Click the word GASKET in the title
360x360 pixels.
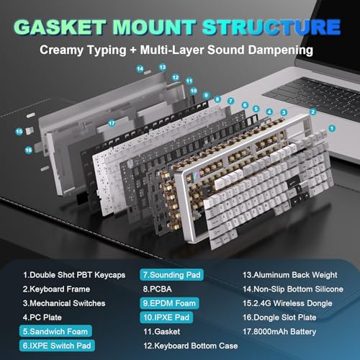pos(60,27)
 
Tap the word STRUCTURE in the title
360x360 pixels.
pos(271,27)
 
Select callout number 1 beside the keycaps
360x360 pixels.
pos(332,128)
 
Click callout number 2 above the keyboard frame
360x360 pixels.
pos(312,112)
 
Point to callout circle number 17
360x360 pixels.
pos(112,123)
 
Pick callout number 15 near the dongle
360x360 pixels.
pos(19,132)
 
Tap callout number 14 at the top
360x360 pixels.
pos(140,69)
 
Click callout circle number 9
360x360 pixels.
pos(206,95)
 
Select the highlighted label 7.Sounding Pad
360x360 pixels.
pos(171,275)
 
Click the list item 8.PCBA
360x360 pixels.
pos(158,289)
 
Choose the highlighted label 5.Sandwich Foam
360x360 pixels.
pos(55,331)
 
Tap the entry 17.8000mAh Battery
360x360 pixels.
pos(279,332)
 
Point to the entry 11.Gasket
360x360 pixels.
pos(162,332)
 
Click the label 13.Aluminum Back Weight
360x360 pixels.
pos(290,275)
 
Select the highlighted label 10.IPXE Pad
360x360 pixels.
pos(166,318)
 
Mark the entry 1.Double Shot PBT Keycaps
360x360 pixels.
pos(74,275)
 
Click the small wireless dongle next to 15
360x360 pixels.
pos(30,130)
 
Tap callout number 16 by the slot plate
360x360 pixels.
pos(28,150)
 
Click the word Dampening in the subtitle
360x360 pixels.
pos(280,50)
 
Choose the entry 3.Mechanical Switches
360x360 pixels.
pos(64,303)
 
